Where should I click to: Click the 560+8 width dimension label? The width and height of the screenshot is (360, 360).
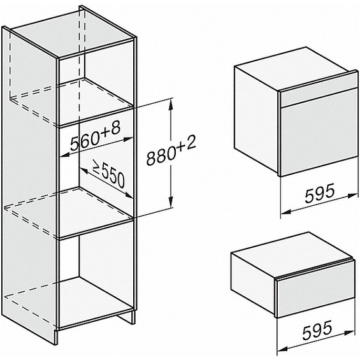[96, 136]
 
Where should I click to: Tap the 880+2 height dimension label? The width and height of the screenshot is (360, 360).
[171, 150]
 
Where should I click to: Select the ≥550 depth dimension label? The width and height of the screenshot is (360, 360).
[108, 174]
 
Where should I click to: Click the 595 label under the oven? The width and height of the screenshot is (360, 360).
[319, 193]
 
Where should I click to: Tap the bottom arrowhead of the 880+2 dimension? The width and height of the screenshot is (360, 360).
[171, 202]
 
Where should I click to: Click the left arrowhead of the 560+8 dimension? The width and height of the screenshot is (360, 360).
[65, 155]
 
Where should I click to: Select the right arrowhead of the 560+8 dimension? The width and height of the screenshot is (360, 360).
[127, 139]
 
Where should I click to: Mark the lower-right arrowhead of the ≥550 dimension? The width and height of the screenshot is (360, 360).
[129, 196]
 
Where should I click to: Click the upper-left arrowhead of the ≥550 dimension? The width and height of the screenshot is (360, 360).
[84, 170]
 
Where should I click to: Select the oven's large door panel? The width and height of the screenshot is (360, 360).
[319, 132]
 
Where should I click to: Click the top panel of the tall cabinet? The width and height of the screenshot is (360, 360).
[71, 32]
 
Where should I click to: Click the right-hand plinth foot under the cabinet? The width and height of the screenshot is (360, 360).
[127, 317]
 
